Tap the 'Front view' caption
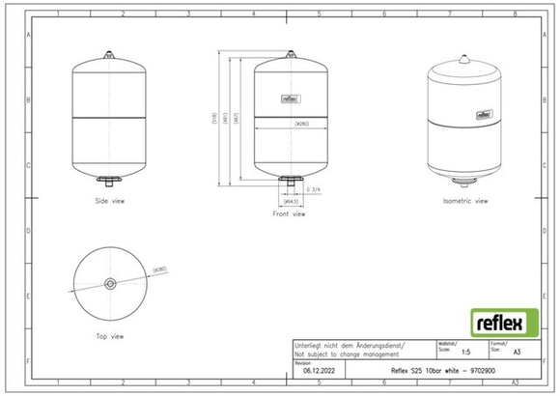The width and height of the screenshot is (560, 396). (289, 214)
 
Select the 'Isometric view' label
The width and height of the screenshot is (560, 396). (465, 201)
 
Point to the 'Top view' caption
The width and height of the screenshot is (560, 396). (109, 336)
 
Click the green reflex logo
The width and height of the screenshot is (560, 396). (497, 321)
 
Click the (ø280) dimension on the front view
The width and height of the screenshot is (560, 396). (289, 124)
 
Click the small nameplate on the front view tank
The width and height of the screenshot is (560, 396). (289, 97)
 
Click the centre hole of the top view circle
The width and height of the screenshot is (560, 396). (109, 284)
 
